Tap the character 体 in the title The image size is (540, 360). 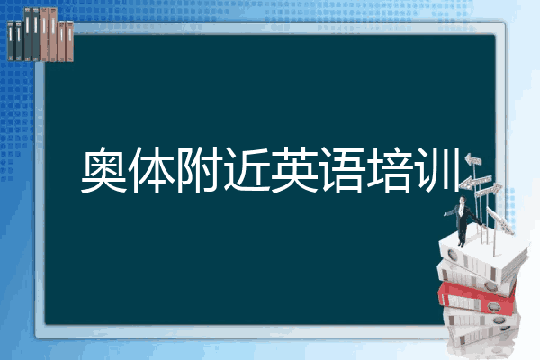(152, 169)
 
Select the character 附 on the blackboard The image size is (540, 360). (199, 169)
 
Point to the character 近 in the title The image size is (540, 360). (247, 169)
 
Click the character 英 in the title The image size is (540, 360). (294, 169)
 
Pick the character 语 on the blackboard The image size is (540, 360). (343, 169)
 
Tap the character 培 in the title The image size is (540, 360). (391, 169)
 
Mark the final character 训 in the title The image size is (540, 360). (438, 169)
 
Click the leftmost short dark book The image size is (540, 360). (11, 40)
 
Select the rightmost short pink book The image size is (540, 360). (69, 41)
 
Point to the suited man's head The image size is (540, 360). (463, 200)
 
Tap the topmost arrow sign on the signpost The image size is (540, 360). (473, 160)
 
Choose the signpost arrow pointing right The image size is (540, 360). (489, 191)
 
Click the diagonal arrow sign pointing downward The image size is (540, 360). (499, 220)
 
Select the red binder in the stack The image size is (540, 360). (477, 298)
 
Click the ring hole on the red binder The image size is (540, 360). (493, 306)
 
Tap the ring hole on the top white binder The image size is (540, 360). (452, 256)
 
